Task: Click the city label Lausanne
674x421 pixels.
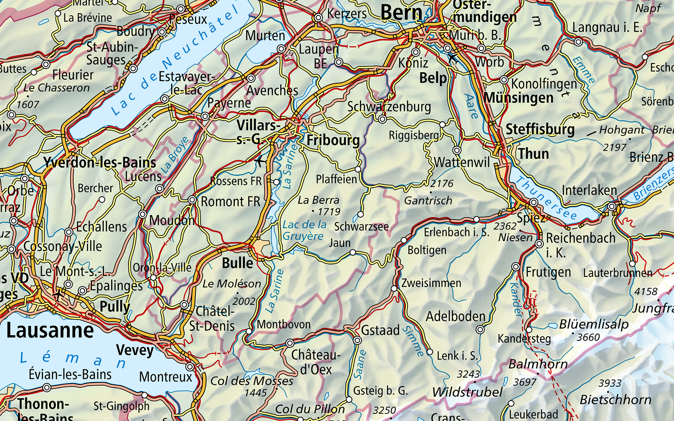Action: tap(50, 330)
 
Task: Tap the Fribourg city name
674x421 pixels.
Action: tap(333, 140)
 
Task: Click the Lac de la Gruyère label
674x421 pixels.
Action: tap(304, 230)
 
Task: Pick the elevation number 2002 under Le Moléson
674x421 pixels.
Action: tap(244, 301)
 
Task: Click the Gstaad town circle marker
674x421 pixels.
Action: tap(357, 340)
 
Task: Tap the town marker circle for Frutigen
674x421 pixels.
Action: tap(516, 267)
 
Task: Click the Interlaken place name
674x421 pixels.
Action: tap(589, 190)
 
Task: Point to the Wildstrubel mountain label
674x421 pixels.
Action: tap(467, 392)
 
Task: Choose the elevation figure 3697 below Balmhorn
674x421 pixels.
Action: tap(524, 382)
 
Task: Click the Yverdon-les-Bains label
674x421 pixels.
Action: tap(99, 163)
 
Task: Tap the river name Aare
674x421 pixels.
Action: tap(471, 106)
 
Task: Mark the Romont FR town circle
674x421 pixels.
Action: tap(192, 200)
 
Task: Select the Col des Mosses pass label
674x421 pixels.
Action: tap(251, 381)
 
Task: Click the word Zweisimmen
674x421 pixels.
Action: tap(431, 282)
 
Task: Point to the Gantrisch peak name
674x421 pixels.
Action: tap(428, 200)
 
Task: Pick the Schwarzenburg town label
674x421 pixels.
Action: tap(389, 107)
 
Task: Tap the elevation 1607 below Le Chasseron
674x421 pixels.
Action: tap(28, 104)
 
